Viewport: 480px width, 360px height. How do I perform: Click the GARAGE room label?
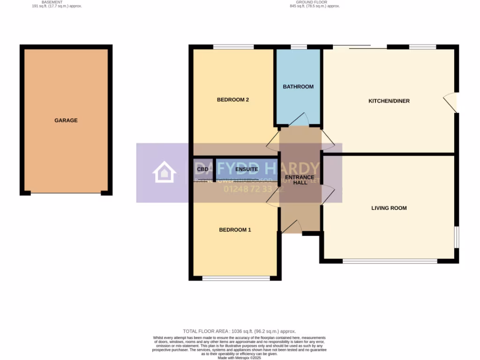point(66,120)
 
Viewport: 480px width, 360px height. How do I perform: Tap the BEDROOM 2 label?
point(232,100)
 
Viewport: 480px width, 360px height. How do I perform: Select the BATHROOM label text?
point(298,87)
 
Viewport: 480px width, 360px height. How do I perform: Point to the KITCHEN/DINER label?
point(389,101)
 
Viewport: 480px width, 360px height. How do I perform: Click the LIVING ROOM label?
point(389,208)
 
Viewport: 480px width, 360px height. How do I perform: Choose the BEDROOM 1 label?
point(235,230)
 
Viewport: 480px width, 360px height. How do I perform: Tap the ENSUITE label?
point(247,169)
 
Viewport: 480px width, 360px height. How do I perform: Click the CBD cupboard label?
point(202,169)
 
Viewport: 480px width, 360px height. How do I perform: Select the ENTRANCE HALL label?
point(300,180)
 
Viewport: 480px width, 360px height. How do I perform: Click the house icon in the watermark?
point(164,172)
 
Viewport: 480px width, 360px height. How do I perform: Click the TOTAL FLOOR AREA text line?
point(240,331)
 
